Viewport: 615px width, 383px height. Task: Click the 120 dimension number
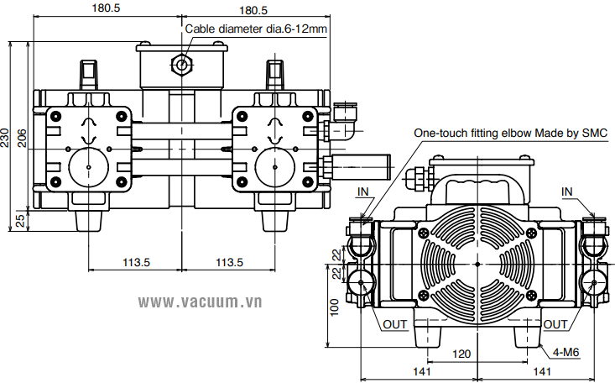(461, 354)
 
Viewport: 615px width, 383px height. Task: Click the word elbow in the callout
(519, 133)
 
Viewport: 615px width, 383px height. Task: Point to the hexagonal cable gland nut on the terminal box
(180, 65)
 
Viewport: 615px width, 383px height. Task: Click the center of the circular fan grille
(477, 265)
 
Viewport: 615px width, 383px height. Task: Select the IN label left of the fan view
(362, 191)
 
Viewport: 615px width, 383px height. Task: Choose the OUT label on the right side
(555, 323)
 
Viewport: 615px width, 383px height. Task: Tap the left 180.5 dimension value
(106, 10)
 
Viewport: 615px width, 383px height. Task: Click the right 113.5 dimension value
(229, 262)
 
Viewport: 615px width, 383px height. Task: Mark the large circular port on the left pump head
(88, 165)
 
